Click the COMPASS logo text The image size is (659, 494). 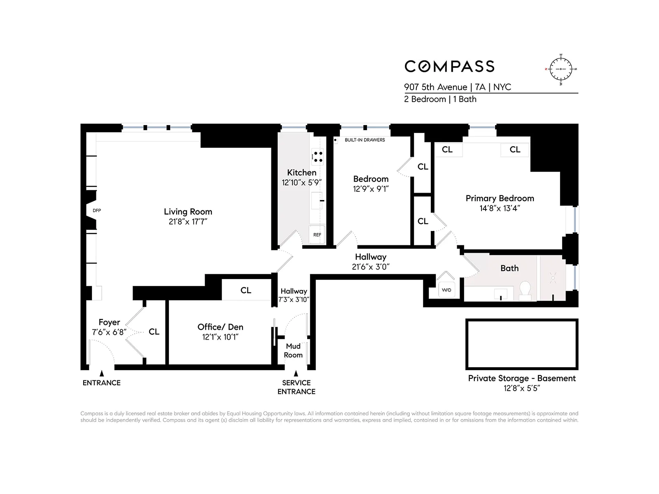(x=449, y=66)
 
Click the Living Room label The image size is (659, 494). (x=188, y=212)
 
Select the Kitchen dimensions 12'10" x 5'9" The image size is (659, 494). (x=301, y=182)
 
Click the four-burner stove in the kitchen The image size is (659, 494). (x=318, y=156)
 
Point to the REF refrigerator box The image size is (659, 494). (x=317, y=235)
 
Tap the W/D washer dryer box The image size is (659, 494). (x=446, y=290)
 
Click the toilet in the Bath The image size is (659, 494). (x=525, y=289)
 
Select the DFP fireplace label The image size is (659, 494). (x=97, y=210)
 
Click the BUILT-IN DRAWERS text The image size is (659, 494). (x=365, y=140)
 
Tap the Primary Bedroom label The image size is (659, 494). (x=500, y=198)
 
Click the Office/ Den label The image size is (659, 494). (x=220, y=327)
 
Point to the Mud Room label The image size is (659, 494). (x=293, y=350)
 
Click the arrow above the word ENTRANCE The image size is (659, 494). (x=102, y=373)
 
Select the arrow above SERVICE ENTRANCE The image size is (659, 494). (x=296, y=374)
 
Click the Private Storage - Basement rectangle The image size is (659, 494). (x=522, y=344)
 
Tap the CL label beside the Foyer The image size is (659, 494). (x=154, y=332)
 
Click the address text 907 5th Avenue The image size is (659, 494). (x=435, y=87)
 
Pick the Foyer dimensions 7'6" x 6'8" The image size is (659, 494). (x=109, y=332)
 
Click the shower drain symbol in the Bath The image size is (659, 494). (x=553, y=278)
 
